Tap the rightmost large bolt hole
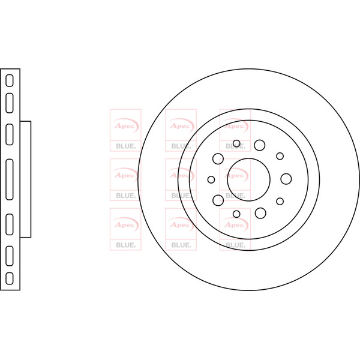[286, 179]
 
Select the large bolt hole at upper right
[260, 145]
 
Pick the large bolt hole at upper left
[218, 158]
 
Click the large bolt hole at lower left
[218, 200]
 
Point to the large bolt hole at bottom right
[260, 213]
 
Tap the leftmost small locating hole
[211, 179]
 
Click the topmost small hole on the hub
[236, 144]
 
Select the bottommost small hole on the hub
[236, 214]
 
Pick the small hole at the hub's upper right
[280, 156]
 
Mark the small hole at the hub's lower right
[280, 202]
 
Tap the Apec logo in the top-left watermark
[125, 125]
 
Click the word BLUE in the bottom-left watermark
[126, 245]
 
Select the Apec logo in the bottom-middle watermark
[181, 224]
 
